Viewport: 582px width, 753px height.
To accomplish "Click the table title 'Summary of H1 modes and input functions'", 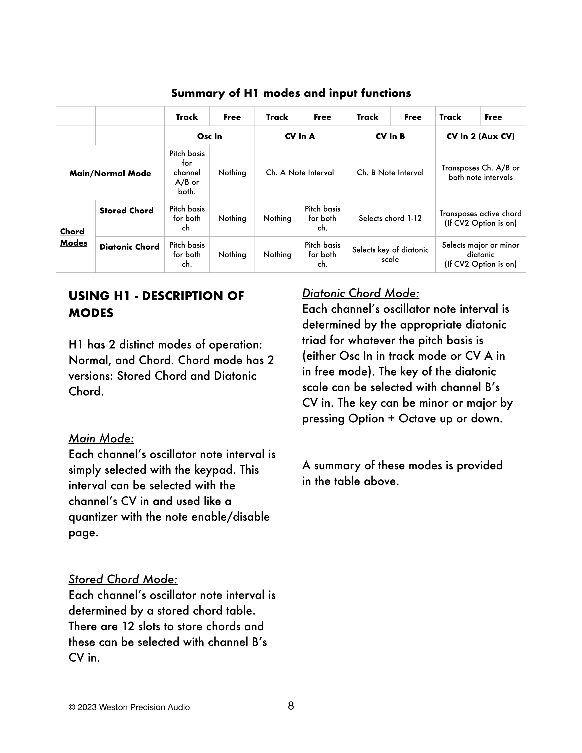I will point(291,93).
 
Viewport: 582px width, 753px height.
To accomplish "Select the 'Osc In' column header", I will point(209,136).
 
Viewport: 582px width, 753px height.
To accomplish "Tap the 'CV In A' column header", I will point(300,136).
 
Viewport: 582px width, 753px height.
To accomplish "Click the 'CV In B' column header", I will point(390,136).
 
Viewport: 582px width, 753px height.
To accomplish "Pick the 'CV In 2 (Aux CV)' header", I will point(480,136).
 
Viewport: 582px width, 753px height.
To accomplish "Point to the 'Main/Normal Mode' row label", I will point(110,173).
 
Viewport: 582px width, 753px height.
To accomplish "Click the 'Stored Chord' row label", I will point(126,211).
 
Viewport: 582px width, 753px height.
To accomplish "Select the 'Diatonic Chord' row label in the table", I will point(129,247).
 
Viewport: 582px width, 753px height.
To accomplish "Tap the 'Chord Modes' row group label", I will point(73,237).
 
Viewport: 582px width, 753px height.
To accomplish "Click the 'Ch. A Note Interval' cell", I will point(300,172).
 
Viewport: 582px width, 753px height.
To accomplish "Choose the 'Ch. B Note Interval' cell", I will point(390,172).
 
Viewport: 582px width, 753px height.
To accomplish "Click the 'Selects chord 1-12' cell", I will point(390,218).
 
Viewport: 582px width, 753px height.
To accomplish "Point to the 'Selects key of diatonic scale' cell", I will point(390,254).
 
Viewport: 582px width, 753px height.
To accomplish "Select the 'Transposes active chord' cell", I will point(480,218).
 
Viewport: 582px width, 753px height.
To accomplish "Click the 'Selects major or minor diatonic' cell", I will point(480,254).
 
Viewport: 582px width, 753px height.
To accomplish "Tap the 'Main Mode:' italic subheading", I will point(101,439).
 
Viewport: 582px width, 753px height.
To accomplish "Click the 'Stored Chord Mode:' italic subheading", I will point(123,579).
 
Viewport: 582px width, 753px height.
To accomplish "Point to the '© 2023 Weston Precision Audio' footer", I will point(129,707).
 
